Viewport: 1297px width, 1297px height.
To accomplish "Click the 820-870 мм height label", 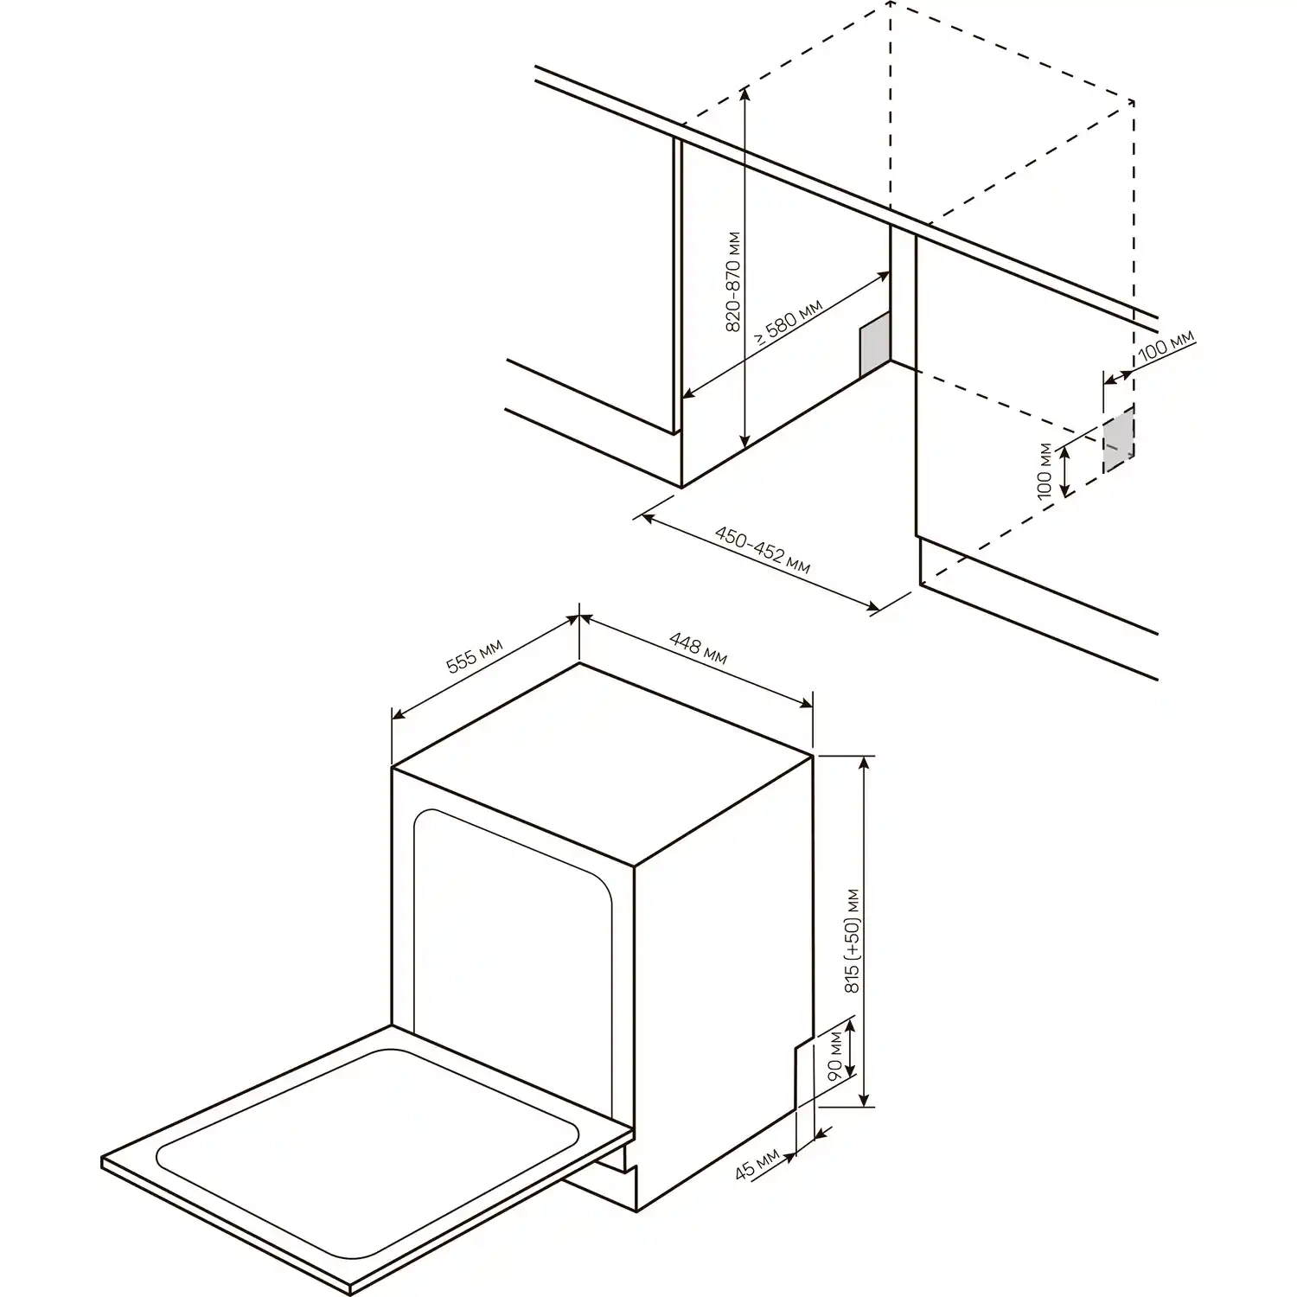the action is (x=733, y=283).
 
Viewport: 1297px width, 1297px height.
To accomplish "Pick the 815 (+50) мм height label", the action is (x=853, y=940).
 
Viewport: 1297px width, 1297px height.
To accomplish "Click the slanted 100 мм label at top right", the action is (x=1166, y=345).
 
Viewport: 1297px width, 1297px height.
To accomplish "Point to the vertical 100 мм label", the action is (x=1045, y=470).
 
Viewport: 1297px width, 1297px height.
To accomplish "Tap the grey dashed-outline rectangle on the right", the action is (x=1118, y=439).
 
